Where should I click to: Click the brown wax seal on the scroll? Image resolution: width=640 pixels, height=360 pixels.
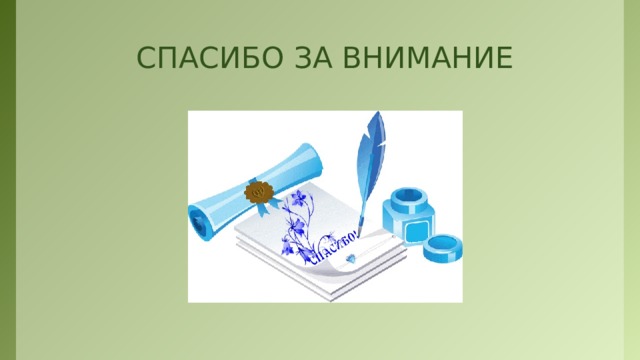[258, 190]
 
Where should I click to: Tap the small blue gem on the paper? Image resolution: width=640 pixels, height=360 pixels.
[349, 258]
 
